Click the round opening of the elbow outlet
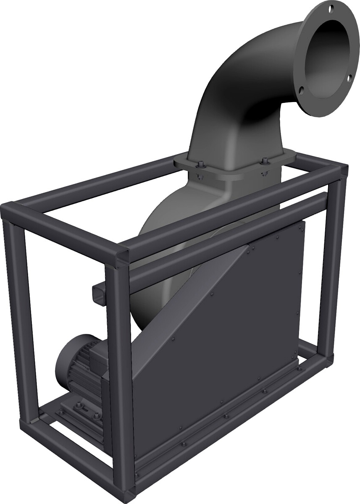point(330,55)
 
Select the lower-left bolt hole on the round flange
point(302,89)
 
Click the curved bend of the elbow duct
point(235,71)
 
